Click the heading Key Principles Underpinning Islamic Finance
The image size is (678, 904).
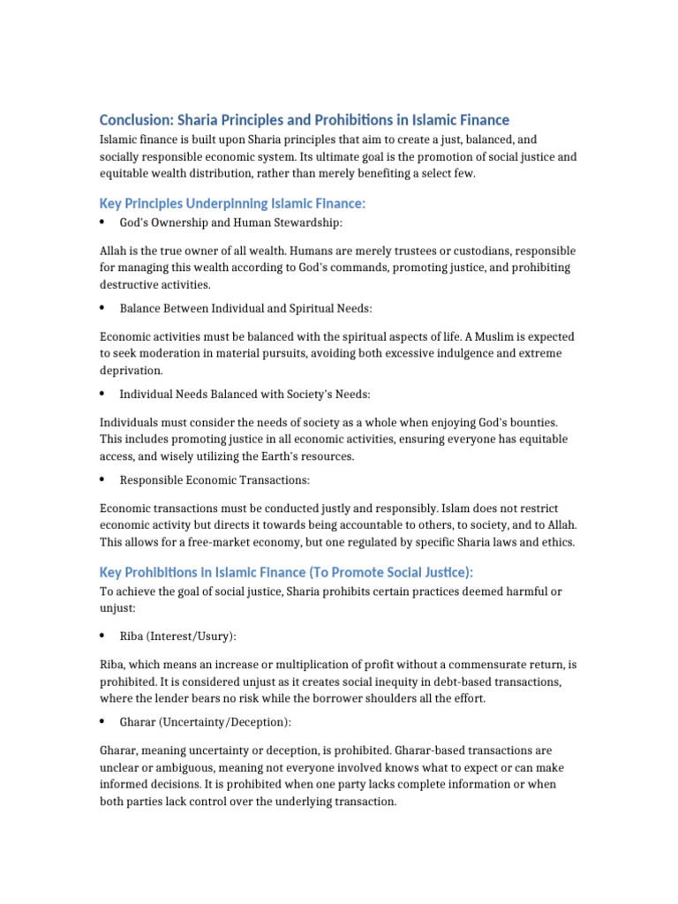pyautogui.click(x=232, y=204)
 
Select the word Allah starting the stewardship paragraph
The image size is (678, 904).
pyautogui.click(x=114, y=250)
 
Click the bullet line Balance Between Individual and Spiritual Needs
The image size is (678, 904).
pyautogui.click(x=245, y=308)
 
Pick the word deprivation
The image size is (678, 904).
pyautogui.click(x=131, y=371)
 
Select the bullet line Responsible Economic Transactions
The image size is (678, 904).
pyautogui.click(x=215, y=479)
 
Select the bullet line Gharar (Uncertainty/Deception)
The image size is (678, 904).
pyautogui.click(x=206, y=722)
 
